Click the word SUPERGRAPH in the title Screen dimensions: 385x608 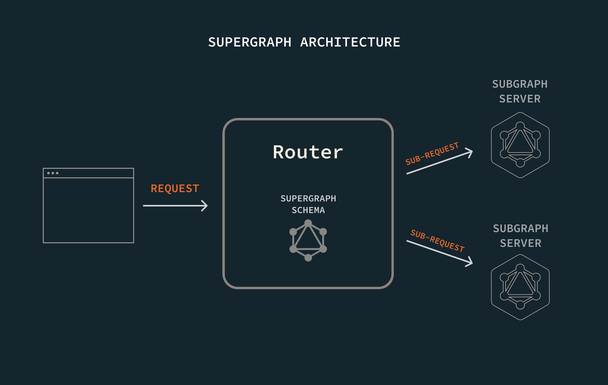pos(250,42)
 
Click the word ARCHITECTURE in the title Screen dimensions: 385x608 pos(350,42)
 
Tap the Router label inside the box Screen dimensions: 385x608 pos(308,152)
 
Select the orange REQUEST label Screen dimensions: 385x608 pos(175,188)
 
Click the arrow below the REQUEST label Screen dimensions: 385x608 pos(175,205)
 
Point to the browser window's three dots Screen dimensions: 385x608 pos(53,173)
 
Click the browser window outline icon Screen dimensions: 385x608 pos(88,206)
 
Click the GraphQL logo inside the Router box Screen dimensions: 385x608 pos(308,240)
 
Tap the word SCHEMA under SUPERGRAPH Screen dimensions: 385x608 pos(308,210)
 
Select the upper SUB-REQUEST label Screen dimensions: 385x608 pos(432,153)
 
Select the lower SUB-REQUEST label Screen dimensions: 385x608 pos(437,241)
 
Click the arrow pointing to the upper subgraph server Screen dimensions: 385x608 pos(439,163)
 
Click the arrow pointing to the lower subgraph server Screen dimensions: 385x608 pos(439,253)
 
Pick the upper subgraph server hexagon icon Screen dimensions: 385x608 pos(520,145)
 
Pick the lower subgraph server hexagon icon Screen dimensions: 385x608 pos(520,287)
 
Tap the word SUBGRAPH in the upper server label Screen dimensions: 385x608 pos(520,84)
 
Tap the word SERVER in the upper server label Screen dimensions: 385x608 pos(520,99)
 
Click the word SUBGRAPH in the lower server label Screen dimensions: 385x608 pos(521,229)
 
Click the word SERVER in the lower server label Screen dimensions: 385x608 pos(521,243)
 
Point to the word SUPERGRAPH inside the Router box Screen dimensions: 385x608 pos(308,198)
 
